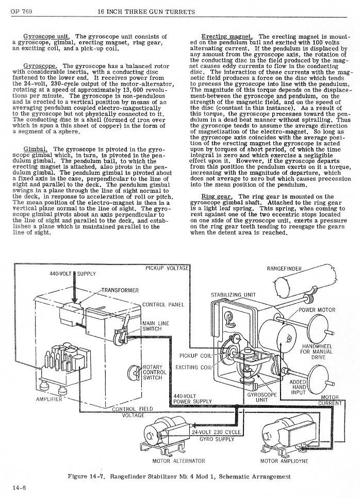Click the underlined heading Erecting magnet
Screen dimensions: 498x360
tap(226, 37)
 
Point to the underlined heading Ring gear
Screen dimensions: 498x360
tap(217, 196)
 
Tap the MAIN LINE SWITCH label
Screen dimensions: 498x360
tap(153, 326)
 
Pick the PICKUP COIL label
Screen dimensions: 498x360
tap(196, 356)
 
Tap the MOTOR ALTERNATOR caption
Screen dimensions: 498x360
tap(179, 460)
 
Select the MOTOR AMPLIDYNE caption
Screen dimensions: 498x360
tap(284, 460)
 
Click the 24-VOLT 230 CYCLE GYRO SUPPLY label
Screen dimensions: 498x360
tap(217, 435)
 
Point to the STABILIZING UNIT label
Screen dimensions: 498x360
tap(234, 295)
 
